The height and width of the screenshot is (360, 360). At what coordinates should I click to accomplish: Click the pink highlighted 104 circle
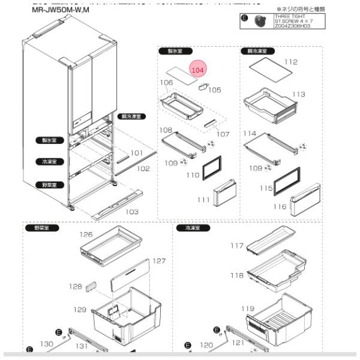(x=197, y=70)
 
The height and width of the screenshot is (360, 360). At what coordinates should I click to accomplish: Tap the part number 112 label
(x=291, y=62)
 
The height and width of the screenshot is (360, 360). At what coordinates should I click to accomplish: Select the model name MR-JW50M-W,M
(x=60, y=10)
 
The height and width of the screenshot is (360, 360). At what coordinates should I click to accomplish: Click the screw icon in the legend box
(x=259, y=21)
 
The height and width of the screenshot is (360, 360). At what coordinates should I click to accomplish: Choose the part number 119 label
(x=248, y=308)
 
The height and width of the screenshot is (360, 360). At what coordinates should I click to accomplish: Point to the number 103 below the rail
(x=131, y=212)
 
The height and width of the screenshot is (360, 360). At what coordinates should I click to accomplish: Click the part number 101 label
(x=137, y=153)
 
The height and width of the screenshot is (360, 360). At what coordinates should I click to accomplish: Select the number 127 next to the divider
(x=158, y=261)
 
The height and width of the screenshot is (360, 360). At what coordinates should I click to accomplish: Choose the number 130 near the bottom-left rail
(x=46, y=344)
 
